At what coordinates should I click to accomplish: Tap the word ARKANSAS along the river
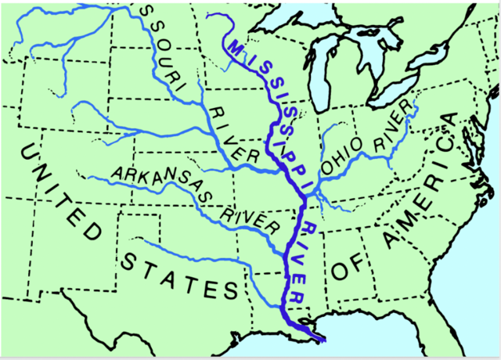(153, 179)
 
